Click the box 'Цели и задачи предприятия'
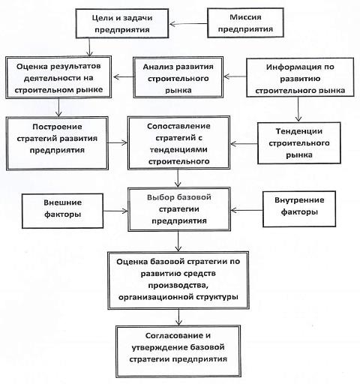(x=122, y=24)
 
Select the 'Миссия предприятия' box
(x=245, y=22)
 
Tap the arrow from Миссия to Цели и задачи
(x=188, y=24)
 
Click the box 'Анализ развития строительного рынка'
(x=178, y=77)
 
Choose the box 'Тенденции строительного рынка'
(x=299, y=143)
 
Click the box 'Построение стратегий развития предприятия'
(x=57, y=143)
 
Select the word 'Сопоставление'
(x=178, y=126)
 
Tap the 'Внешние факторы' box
(x=62, y=211)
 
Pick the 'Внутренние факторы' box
(x=299, y=209)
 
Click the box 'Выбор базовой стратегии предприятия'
(x=179, y=209)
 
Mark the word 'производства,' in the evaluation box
(x=178, y=285)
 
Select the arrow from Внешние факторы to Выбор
(x=115, y=211)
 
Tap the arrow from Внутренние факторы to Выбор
(x=247, y=210)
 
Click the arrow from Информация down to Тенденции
(x=298, y=109)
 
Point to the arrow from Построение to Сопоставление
(x=118, y=143)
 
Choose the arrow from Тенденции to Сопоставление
(x=244, y=144)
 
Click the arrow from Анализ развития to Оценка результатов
(x=123, y=76)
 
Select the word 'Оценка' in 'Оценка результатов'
(x=31, y=67)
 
